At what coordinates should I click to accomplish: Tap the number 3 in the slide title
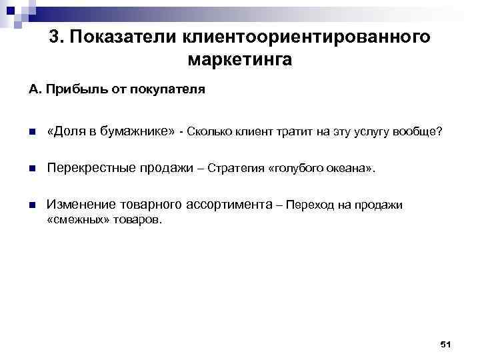pos(55,37)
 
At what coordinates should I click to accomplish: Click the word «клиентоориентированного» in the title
pos(302,37)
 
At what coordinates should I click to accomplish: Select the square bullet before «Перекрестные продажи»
pos(32,168)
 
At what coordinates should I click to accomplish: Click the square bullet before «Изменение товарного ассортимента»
pos(32,205)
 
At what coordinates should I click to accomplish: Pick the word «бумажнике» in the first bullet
pos(141,131)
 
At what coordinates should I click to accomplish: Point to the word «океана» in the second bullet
pos(351,169)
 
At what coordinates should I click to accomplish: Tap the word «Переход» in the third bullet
pos(309,205)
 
